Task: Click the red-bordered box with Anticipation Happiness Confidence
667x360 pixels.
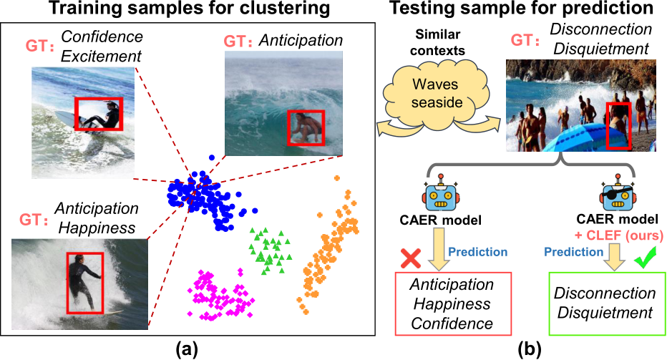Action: coord(454,303)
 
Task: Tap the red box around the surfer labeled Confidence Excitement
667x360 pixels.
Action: coord(99,114)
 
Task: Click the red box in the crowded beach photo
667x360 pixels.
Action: coord(618,125)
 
